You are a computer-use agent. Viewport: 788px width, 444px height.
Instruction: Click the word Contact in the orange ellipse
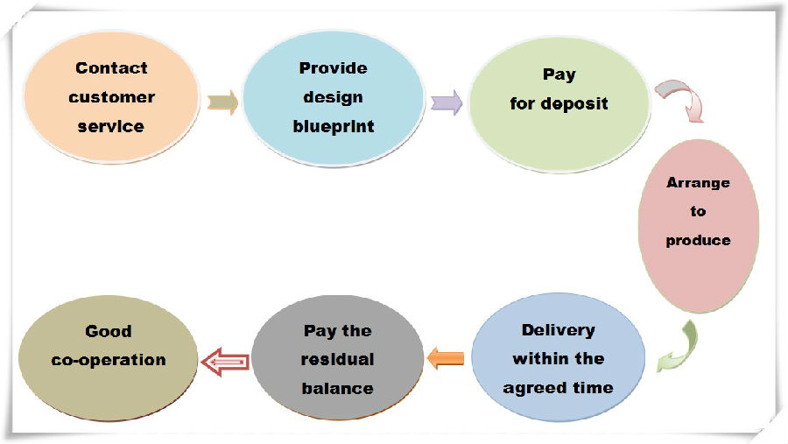click(x=111, y=68)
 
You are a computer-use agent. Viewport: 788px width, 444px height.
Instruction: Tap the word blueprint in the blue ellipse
click(x=334, y=126)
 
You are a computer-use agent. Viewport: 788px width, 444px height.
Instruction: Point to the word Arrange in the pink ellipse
click(x=698, y=183)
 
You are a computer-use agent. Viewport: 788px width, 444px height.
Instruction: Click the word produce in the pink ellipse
click(x=698, y=241)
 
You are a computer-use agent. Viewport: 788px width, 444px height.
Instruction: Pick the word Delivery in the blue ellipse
click(x=559, y=330)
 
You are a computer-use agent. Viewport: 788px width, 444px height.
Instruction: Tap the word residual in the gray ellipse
click(x=337, y=360)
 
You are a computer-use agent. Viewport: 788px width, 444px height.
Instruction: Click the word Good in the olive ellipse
click(x=109, y=331)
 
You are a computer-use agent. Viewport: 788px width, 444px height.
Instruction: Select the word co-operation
click(x=109, y=361)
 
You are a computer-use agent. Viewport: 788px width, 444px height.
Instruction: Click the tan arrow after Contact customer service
click(x=222, y=102)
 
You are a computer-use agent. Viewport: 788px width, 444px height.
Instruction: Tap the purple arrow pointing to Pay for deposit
click(x=447, y=102)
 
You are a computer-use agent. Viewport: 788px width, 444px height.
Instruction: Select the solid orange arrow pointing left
click(x=446, y=358)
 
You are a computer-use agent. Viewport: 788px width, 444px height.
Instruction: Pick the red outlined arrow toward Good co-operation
click(x=225, y=362)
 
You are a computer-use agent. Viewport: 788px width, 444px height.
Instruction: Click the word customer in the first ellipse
click(x=111, y=97)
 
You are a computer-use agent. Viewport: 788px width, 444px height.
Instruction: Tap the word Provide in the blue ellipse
click(x=334, y=68)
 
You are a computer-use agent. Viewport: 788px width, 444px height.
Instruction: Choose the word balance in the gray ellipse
click(x=337, y=389)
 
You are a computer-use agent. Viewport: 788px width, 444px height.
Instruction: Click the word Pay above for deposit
click(x=559, y=75)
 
